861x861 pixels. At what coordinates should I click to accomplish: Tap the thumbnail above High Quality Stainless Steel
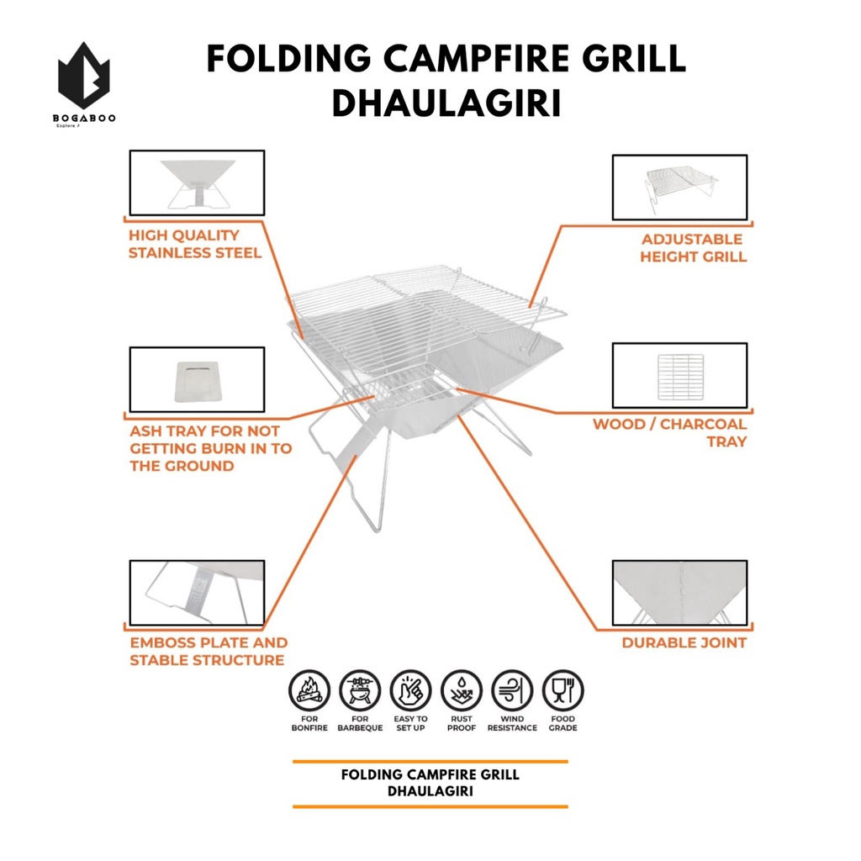coord(197,182)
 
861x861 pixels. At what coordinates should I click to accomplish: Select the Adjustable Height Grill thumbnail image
coord(679,187)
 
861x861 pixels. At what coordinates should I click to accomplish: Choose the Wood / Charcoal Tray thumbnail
coord(679,375)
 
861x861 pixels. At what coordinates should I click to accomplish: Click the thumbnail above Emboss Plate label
coord(197,593)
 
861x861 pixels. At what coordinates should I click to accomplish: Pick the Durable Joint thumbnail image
coord(679,593)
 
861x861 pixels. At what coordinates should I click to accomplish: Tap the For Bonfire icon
coord(309,691)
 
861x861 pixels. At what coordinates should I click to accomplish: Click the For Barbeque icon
coord(360,691)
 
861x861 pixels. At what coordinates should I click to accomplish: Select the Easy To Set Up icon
coord(410,691)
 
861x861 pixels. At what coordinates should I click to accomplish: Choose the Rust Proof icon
coord(462,691)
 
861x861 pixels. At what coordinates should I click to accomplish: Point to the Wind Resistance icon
coord(512,691)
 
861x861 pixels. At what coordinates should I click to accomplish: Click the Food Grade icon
coord(563,691)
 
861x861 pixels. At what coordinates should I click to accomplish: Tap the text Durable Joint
coord(684,643)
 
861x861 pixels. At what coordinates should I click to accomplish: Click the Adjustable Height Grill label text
coord(693,248)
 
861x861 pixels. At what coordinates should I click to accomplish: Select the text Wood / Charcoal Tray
coord(669,432)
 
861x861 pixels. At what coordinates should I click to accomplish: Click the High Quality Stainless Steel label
coord(194,244)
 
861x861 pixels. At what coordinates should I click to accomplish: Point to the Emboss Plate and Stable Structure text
coord(208,652)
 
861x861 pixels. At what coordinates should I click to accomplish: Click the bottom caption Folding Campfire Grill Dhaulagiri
coord(430,783)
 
